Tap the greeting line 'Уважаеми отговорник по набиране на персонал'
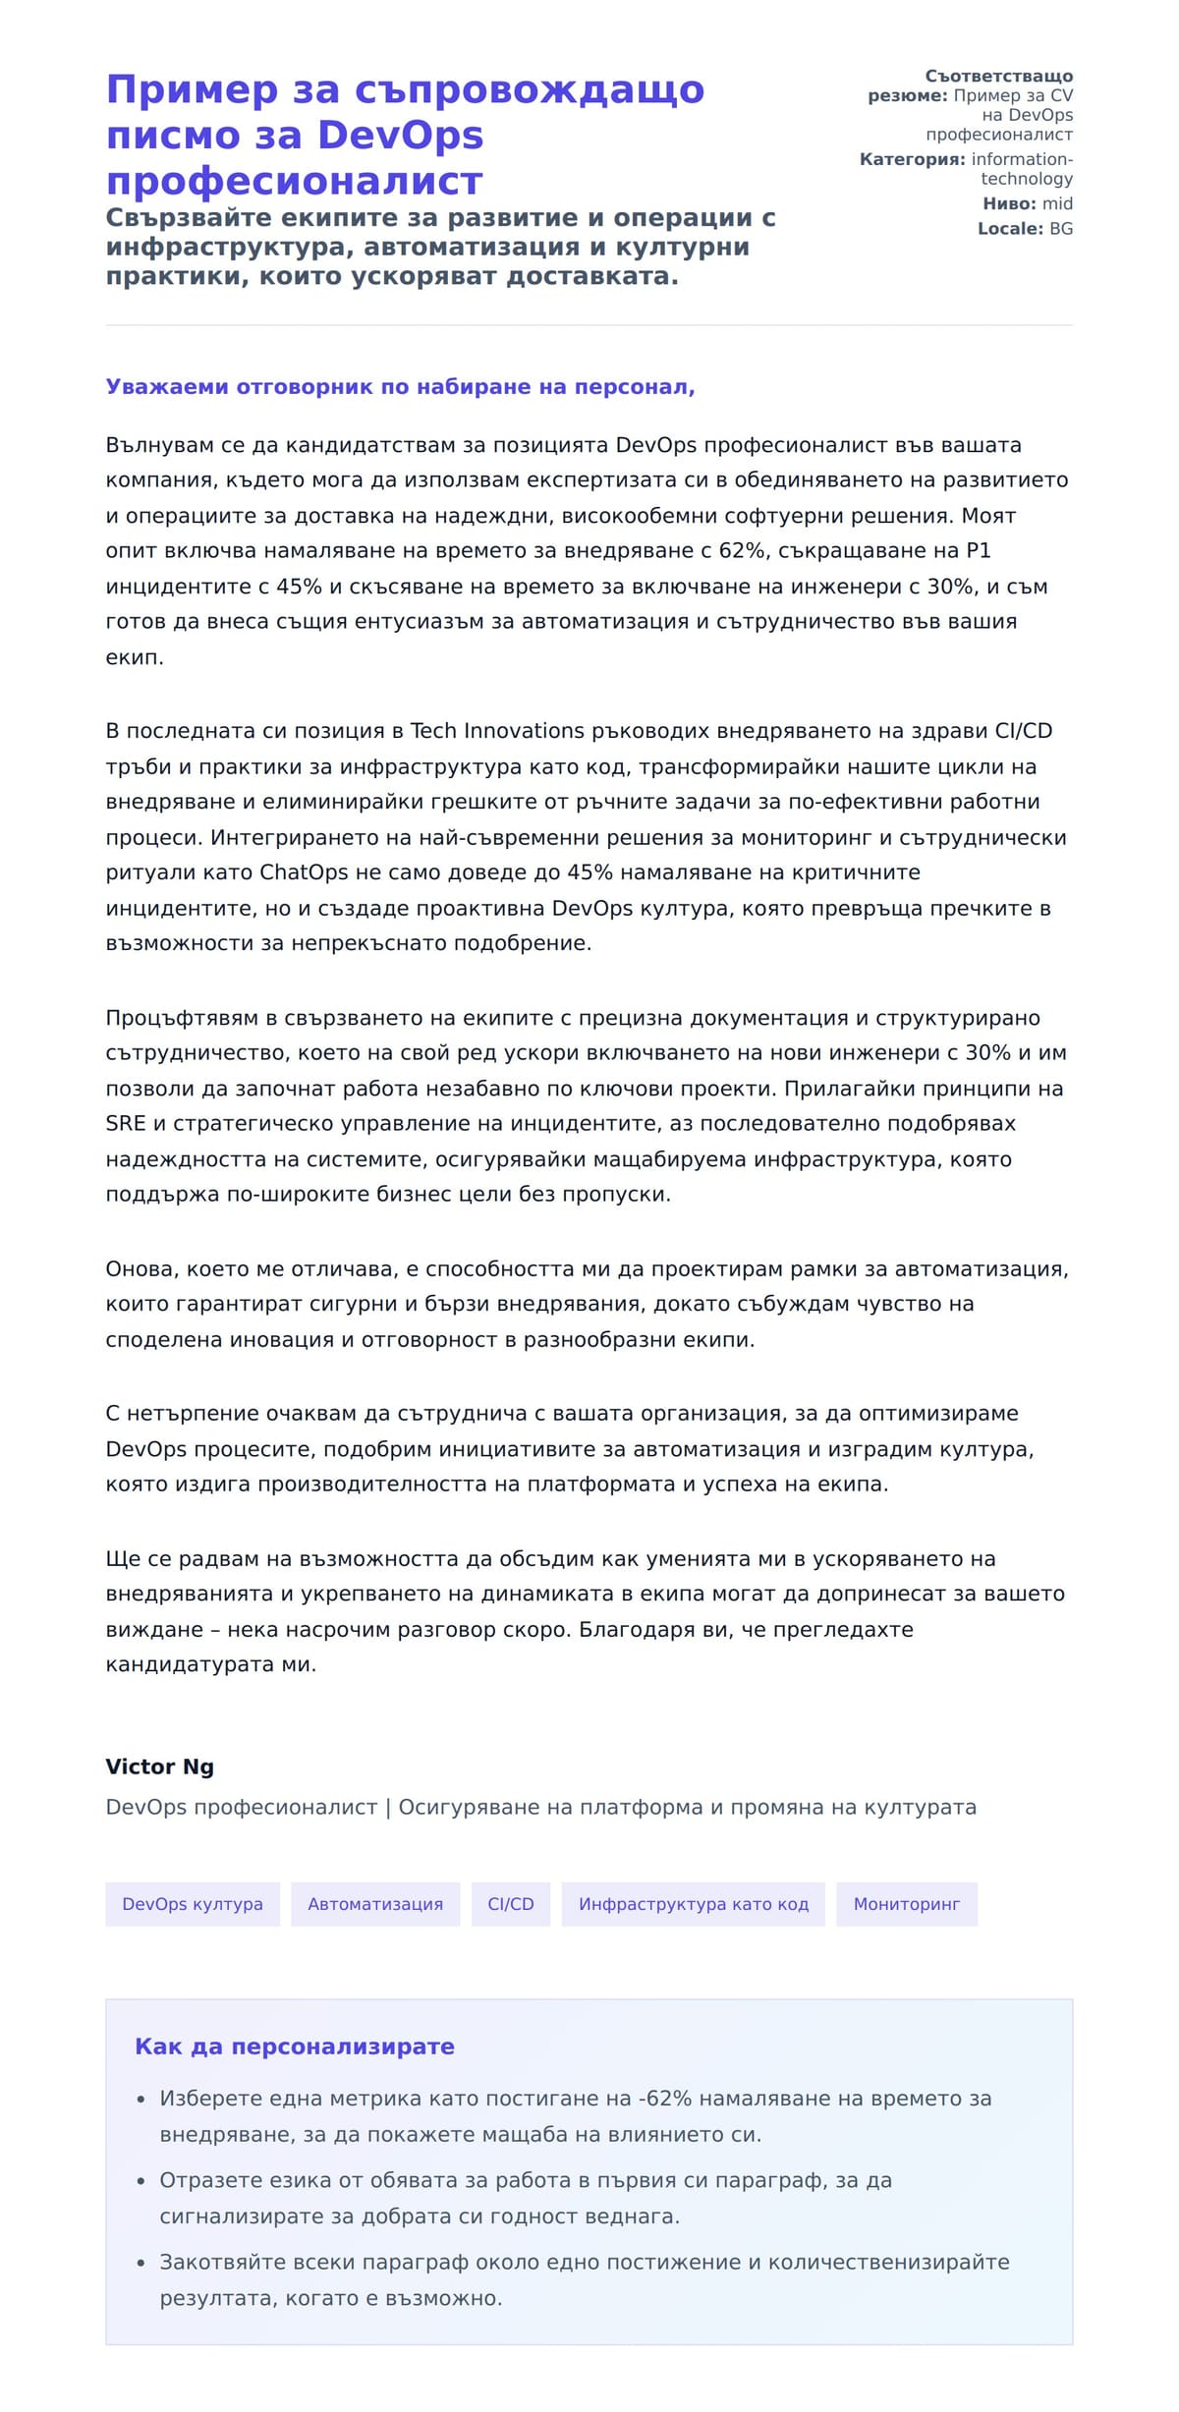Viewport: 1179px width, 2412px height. point(400,387)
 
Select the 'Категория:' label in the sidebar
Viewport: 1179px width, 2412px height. point(912,159)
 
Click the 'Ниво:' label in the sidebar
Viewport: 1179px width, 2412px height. point(1009,203)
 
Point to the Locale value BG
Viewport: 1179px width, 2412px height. point(1061,229)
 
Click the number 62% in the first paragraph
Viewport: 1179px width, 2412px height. point(742,550)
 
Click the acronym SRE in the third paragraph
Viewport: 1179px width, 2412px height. point(125,1123)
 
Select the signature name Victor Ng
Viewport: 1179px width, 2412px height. point(159,1767)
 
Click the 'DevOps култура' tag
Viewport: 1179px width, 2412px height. point(193,1904)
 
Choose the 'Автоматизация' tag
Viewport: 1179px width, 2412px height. point(375,1904)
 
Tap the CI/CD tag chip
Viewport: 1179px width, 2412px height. point(511,1904)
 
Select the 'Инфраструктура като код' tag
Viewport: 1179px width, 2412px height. point(694,1904)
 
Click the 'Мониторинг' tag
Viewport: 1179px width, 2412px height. point(906,1904)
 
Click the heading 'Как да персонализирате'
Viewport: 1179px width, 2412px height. point(295,2047)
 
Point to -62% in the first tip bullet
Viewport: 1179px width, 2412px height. point(665,2099)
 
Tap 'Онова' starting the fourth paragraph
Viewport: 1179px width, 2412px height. point(140,1268)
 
